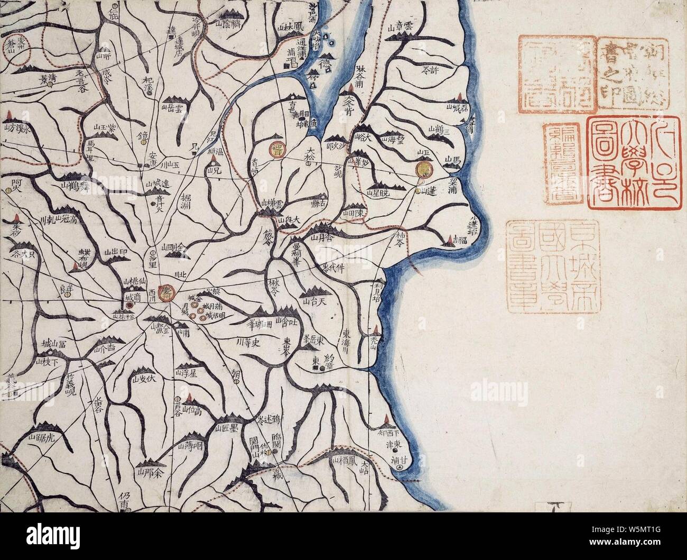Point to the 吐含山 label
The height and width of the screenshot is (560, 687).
pos(285,324)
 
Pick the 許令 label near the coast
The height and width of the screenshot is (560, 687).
pos(432,69)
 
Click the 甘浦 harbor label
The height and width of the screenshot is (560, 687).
pos(400,461)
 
